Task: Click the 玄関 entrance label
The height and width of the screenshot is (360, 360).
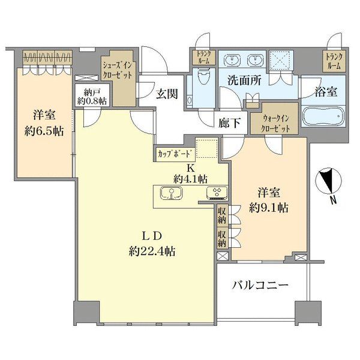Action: pos(167,94)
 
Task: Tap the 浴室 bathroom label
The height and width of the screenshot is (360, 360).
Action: pos(326,92)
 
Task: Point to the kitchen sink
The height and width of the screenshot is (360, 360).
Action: pos(171,193)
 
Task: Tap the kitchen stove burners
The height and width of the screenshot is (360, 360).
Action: pos(217,193)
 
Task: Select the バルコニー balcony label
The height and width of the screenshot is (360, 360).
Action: pos(260,286)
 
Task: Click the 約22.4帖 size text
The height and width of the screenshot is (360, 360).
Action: pos(152,251)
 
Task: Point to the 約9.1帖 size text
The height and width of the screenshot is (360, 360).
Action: pos(269,208)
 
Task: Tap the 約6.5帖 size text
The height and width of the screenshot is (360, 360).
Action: pos(44,131)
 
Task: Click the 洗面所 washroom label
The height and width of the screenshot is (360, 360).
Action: pos(244,80)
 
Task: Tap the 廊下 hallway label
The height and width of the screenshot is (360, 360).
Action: pos(229,124)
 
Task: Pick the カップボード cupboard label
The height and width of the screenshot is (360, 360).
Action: pos(175,154)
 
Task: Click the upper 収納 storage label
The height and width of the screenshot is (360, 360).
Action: pos(222,215)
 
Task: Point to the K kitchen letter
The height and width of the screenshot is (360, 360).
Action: pos(190,169)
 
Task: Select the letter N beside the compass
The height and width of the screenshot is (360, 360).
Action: pos(333,200)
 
